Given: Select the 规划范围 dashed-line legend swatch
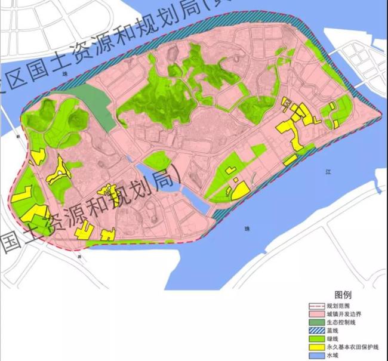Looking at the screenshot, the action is tap(319, 306).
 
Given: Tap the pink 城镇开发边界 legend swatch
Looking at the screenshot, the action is tap(319, 314).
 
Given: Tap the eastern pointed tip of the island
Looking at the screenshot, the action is tap(380, 113).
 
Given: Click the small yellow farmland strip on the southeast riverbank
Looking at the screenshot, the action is tap(290, 160).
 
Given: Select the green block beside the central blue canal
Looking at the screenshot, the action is tap(156, 161).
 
